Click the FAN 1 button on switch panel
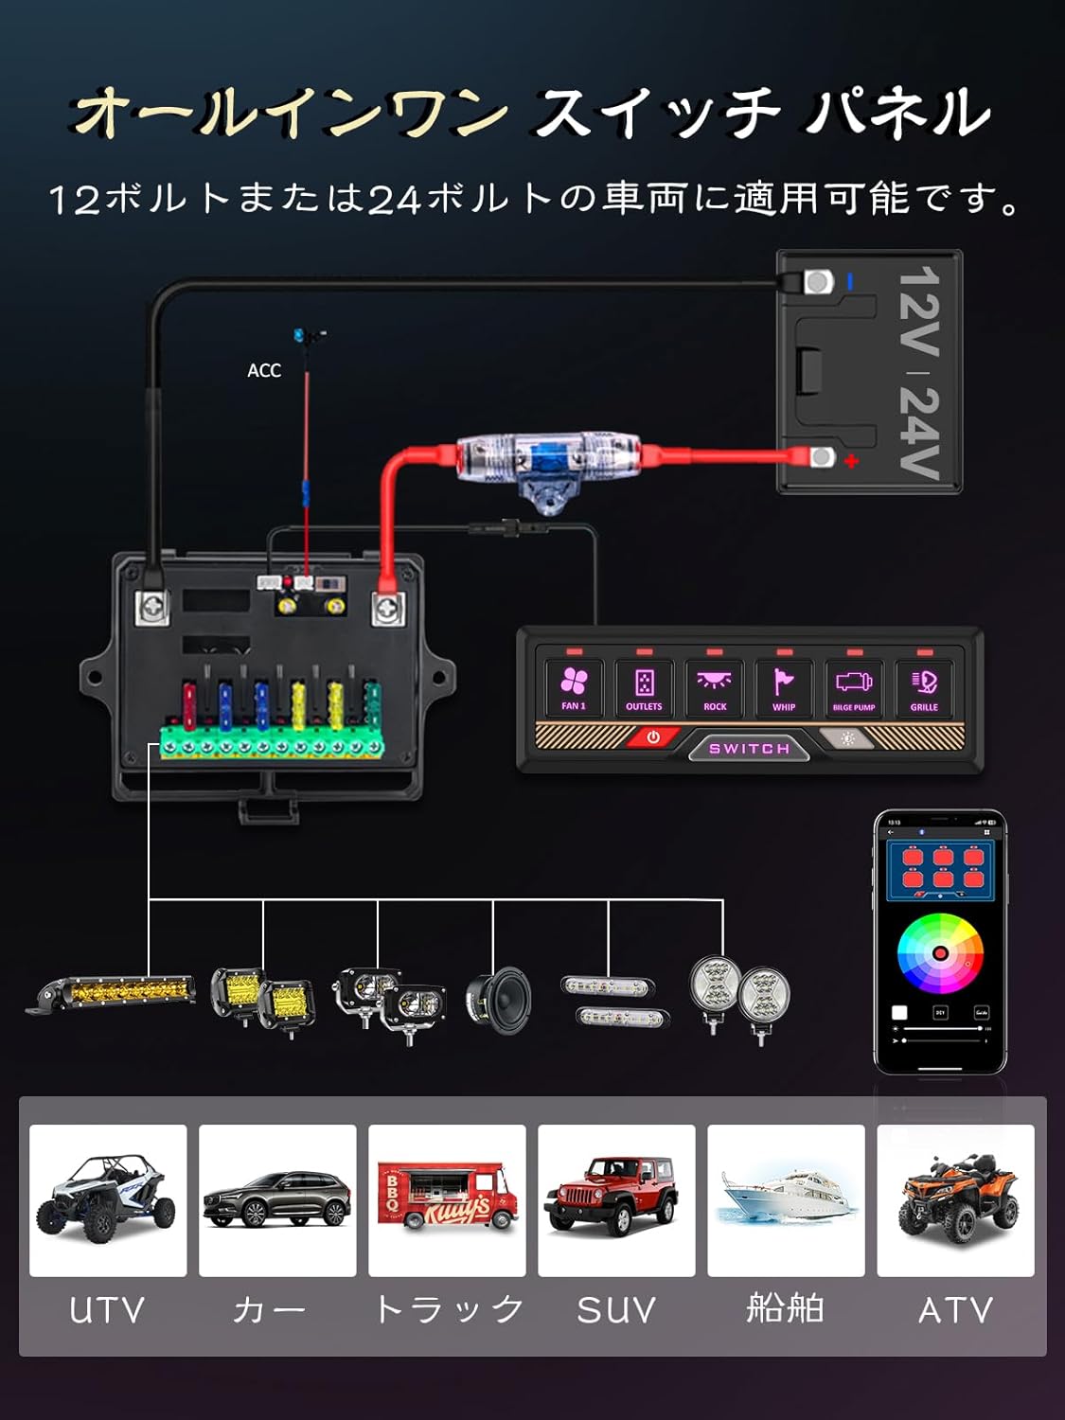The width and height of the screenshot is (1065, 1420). [574, 687]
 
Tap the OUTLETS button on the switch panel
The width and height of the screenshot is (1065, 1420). [644, 687]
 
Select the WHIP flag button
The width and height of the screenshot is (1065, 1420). [784, 687]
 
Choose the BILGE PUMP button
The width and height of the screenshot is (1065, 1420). [854, 687]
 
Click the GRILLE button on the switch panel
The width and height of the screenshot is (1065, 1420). [924, 687]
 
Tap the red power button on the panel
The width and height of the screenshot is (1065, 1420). [653, 737]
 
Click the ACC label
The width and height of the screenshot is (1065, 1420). [264, 370]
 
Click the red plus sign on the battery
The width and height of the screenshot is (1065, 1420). [851, 461]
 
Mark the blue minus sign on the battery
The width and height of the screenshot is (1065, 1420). [850, 281]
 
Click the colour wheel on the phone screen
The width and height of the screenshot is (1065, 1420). [940, 953]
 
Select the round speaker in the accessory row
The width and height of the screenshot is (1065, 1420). [499, 1000]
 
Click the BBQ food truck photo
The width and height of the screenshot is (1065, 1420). [447, 1199]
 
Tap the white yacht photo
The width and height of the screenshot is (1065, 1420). [786, 1199]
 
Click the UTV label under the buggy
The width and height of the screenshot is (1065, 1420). [107, 1310]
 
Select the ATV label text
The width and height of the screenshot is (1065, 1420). [955, 1310]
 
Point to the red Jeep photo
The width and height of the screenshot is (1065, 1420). [616, 1199]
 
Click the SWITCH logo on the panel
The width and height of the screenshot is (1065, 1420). [749, 749]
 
